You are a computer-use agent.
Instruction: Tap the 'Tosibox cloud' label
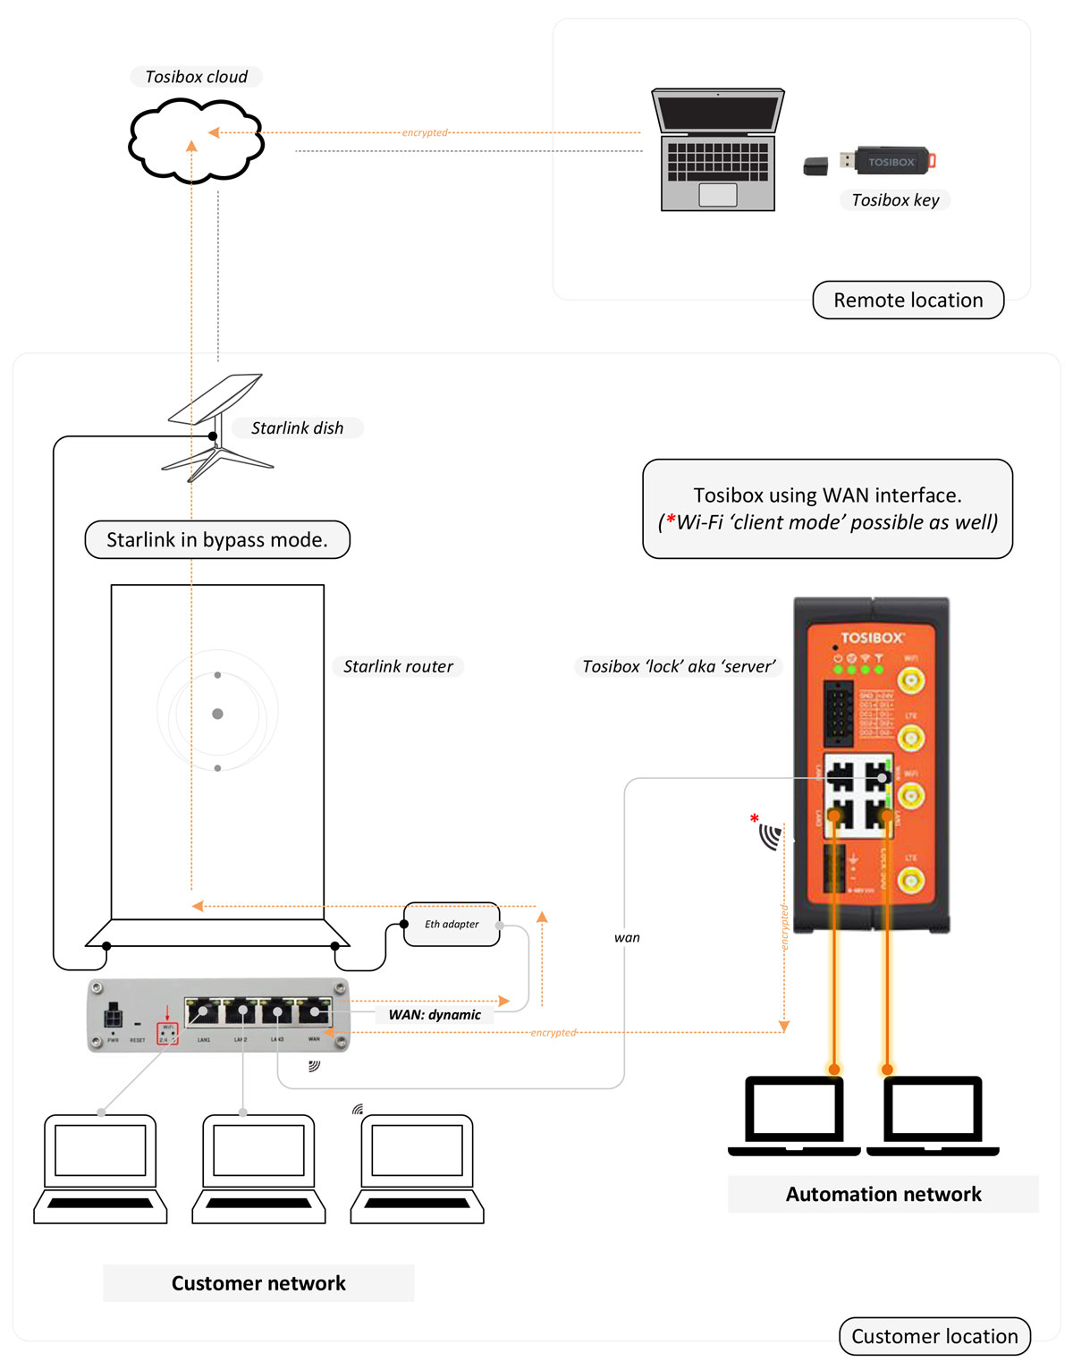[x=197, y=77]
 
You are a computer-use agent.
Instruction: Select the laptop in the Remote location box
[x=718, y=149]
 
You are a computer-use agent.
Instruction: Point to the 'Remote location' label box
[x=908, y=300]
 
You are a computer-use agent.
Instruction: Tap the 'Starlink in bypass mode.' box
[x=217, y=540]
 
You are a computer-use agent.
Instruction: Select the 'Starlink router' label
[x=398, y=666]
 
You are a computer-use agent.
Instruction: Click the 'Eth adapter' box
[x=452, y=925]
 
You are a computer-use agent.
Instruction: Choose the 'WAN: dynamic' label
[x=435, y=1015]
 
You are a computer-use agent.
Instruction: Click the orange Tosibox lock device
[x=872, y=765]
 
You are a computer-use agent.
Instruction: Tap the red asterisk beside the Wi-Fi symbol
[x=755, y=818]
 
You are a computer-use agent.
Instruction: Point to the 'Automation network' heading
[x=883, y=1195]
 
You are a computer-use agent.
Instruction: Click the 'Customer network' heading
[x=258, y=1283]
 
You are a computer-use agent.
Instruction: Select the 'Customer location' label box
[x=934, y=1336]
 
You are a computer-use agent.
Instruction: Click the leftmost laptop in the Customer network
[x=100, y=1168]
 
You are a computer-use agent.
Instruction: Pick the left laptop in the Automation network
[x=794, y=1115]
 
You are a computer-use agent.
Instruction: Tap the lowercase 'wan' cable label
[x=627, y=938]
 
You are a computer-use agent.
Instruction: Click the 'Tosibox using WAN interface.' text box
[x=827, y=509]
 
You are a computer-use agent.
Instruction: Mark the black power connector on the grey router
[x=114, y=1018]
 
